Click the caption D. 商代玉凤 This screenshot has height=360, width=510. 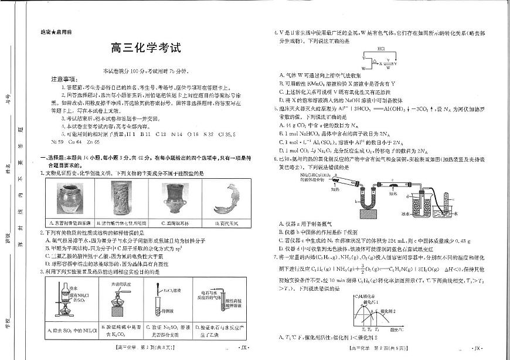[x=223, y=223]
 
